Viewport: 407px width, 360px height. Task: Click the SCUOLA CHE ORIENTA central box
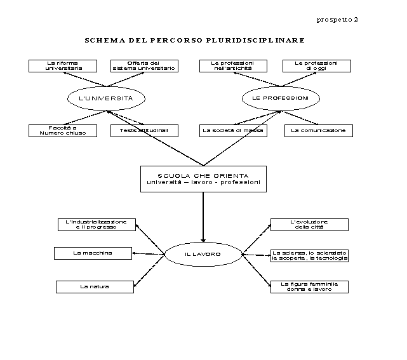[203, 179]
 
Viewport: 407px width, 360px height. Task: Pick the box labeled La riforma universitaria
[63, 66]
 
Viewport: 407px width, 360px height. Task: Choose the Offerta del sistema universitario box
[144, 66]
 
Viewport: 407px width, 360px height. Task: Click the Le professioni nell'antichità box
[233, 66]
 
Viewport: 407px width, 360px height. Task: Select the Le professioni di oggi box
[317, 66]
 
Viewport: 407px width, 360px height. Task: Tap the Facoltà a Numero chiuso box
[63, 131]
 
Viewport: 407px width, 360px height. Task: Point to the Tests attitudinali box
[144, 131]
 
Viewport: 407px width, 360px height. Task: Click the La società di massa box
[233, 131]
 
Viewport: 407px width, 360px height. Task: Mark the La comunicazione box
[319, 131]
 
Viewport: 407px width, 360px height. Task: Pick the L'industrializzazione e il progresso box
[97, 225]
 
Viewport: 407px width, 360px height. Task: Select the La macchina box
[93, 253]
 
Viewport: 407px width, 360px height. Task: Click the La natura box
[95, 287]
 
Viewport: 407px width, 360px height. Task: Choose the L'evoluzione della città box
[309, 225]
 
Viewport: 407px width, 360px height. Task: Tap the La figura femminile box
[309, 287]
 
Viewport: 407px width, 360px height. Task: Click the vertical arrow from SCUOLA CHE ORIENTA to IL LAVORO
[203, 217]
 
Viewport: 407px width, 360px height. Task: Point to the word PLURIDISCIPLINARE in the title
[255, 40]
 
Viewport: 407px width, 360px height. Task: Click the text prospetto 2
[337, 20]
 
